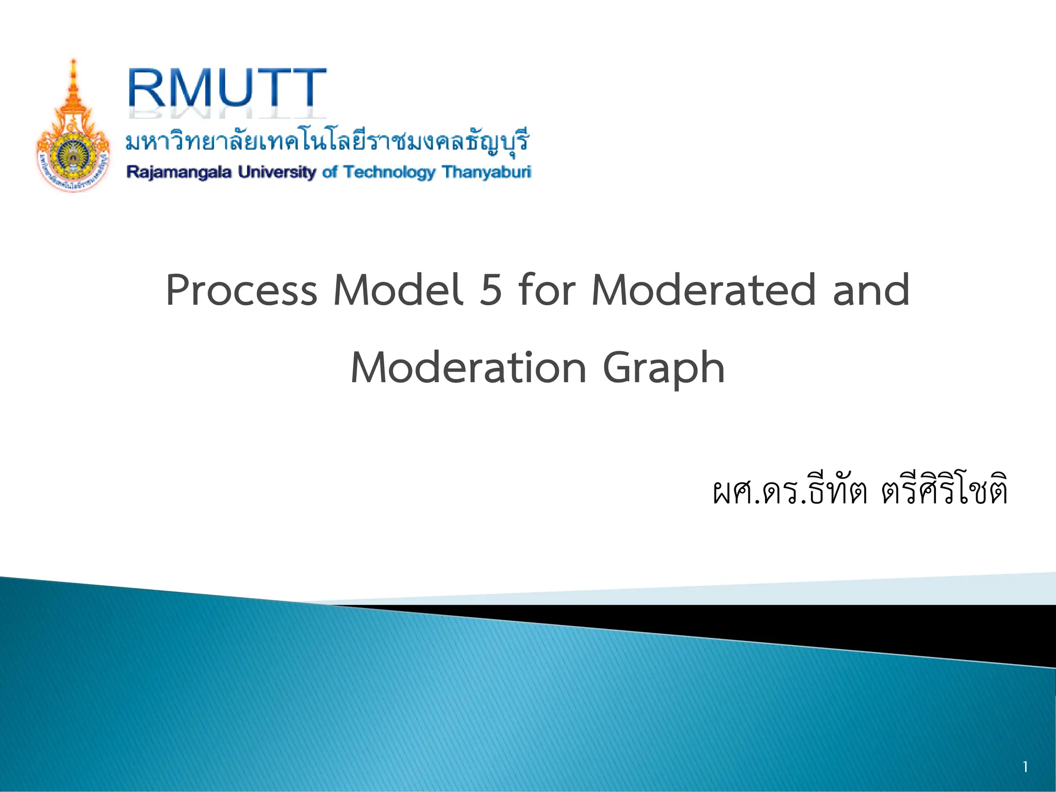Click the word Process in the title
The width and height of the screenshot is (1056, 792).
click(x=241, y=290)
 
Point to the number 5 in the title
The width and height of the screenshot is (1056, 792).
click(x=490, y=290)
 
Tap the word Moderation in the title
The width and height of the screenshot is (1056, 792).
click(x=468, y=368)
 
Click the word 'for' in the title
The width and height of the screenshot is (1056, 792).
click(x=547, y=290)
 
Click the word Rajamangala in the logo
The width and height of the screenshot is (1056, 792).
click(x=179, y=172)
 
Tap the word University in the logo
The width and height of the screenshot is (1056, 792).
click(x=277, y=172)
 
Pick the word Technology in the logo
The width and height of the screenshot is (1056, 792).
click(x=389, y=172)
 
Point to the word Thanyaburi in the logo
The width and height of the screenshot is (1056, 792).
click(x=486, y=172)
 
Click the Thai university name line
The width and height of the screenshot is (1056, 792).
click(x=328, y=141)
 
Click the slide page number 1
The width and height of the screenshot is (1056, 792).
click(x=1025, y=767)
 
